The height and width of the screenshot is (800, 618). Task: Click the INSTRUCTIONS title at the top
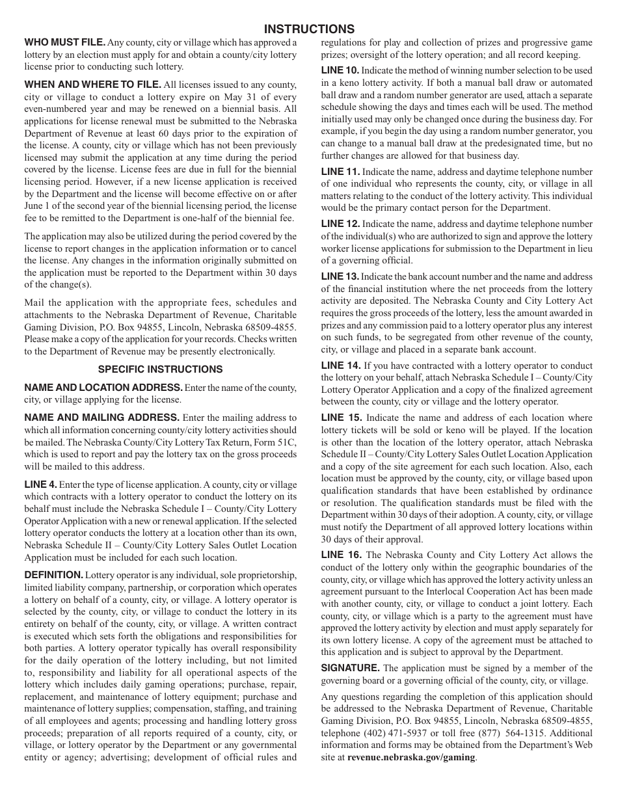(309, 29)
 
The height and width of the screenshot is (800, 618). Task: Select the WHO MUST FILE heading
(64, 42)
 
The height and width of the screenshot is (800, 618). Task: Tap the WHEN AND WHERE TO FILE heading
(92, 84)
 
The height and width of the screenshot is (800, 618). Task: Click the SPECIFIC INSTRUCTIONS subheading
(160, 369)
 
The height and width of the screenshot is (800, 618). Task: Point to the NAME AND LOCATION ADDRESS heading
(103, 388)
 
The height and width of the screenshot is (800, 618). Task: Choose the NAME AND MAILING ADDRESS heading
(101, 418)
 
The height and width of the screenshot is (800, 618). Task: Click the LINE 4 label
(40, 485)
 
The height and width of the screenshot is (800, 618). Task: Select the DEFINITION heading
(53, 575)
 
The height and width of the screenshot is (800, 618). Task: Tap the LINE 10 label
(340, 70)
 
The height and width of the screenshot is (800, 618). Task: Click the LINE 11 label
(340, 172)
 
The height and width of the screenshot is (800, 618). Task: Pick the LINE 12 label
(340, 224)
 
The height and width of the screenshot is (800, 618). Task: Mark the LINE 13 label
(340, 276)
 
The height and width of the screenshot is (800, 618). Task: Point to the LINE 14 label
(340, 366)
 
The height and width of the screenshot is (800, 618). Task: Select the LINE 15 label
(341, 418)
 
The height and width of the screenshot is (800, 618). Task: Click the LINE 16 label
(341, 555)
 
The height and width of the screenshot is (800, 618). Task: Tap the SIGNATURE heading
(350, 668)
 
